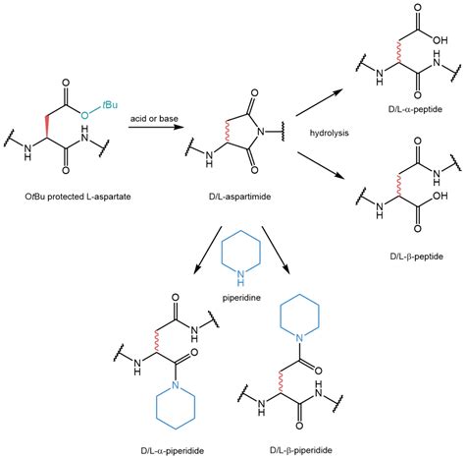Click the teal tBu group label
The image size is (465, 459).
click(110, 105)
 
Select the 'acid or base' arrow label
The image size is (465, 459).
click(154, 118)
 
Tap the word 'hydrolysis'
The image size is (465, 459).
click(329, 133)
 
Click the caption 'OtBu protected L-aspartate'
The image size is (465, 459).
click(77, 197)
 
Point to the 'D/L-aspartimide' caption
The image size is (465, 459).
click(239, 197)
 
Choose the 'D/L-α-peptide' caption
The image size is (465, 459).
click(415, 109)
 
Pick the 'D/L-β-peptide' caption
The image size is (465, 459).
click(416, 257)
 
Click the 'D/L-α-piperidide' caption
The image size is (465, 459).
click(173, 451)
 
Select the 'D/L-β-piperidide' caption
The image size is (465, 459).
click(301, 450)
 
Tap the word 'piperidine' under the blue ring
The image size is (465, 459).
click(241, 298)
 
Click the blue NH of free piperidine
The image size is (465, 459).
click(241, 278)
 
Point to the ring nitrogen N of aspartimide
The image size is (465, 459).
click(260, 132)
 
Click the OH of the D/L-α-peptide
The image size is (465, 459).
click(439, 40)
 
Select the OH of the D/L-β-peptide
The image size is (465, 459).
click(439, 196)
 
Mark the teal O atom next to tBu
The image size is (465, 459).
click(84, 115)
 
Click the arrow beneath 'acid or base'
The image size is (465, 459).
click(155, 126)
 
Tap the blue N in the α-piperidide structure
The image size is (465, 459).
click(176, 384)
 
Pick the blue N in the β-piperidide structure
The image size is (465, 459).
click(299, 338)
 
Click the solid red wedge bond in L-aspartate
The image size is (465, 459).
click(47, 127)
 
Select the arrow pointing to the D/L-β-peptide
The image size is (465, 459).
click(321, 165)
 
